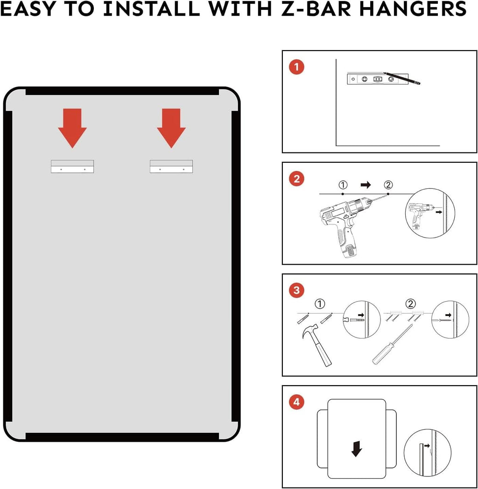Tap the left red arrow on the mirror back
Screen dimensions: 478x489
pos(72,128)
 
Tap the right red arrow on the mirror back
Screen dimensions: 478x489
pos(171,128)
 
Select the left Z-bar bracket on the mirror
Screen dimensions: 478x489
pos(72,166)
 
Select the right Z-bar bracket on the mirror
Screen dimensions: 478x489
pos(171,166)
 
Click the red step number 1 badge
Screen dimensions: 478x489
pos(296,67)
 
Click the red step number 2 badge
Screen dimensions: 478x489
pos(296,179)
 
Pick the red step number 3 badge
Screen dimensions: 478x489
pos(296,290)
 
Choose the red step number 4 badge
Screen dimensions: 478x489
pos(296,402)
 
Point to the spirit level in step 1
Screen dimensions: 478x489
pos(378,79)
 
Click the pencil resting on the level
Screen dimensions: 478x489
pos(402,78)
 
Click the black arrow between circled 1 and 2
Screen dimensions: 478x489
pos(366,185)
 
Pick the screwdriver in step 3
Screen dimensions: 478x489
pos(393,344)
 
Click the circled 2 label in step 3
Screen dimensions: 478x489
pos(410,303)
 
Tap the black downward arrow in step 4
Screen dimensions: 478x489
pos(357,449)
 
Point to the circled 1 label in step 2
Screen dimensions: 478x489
pos(343,185)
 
